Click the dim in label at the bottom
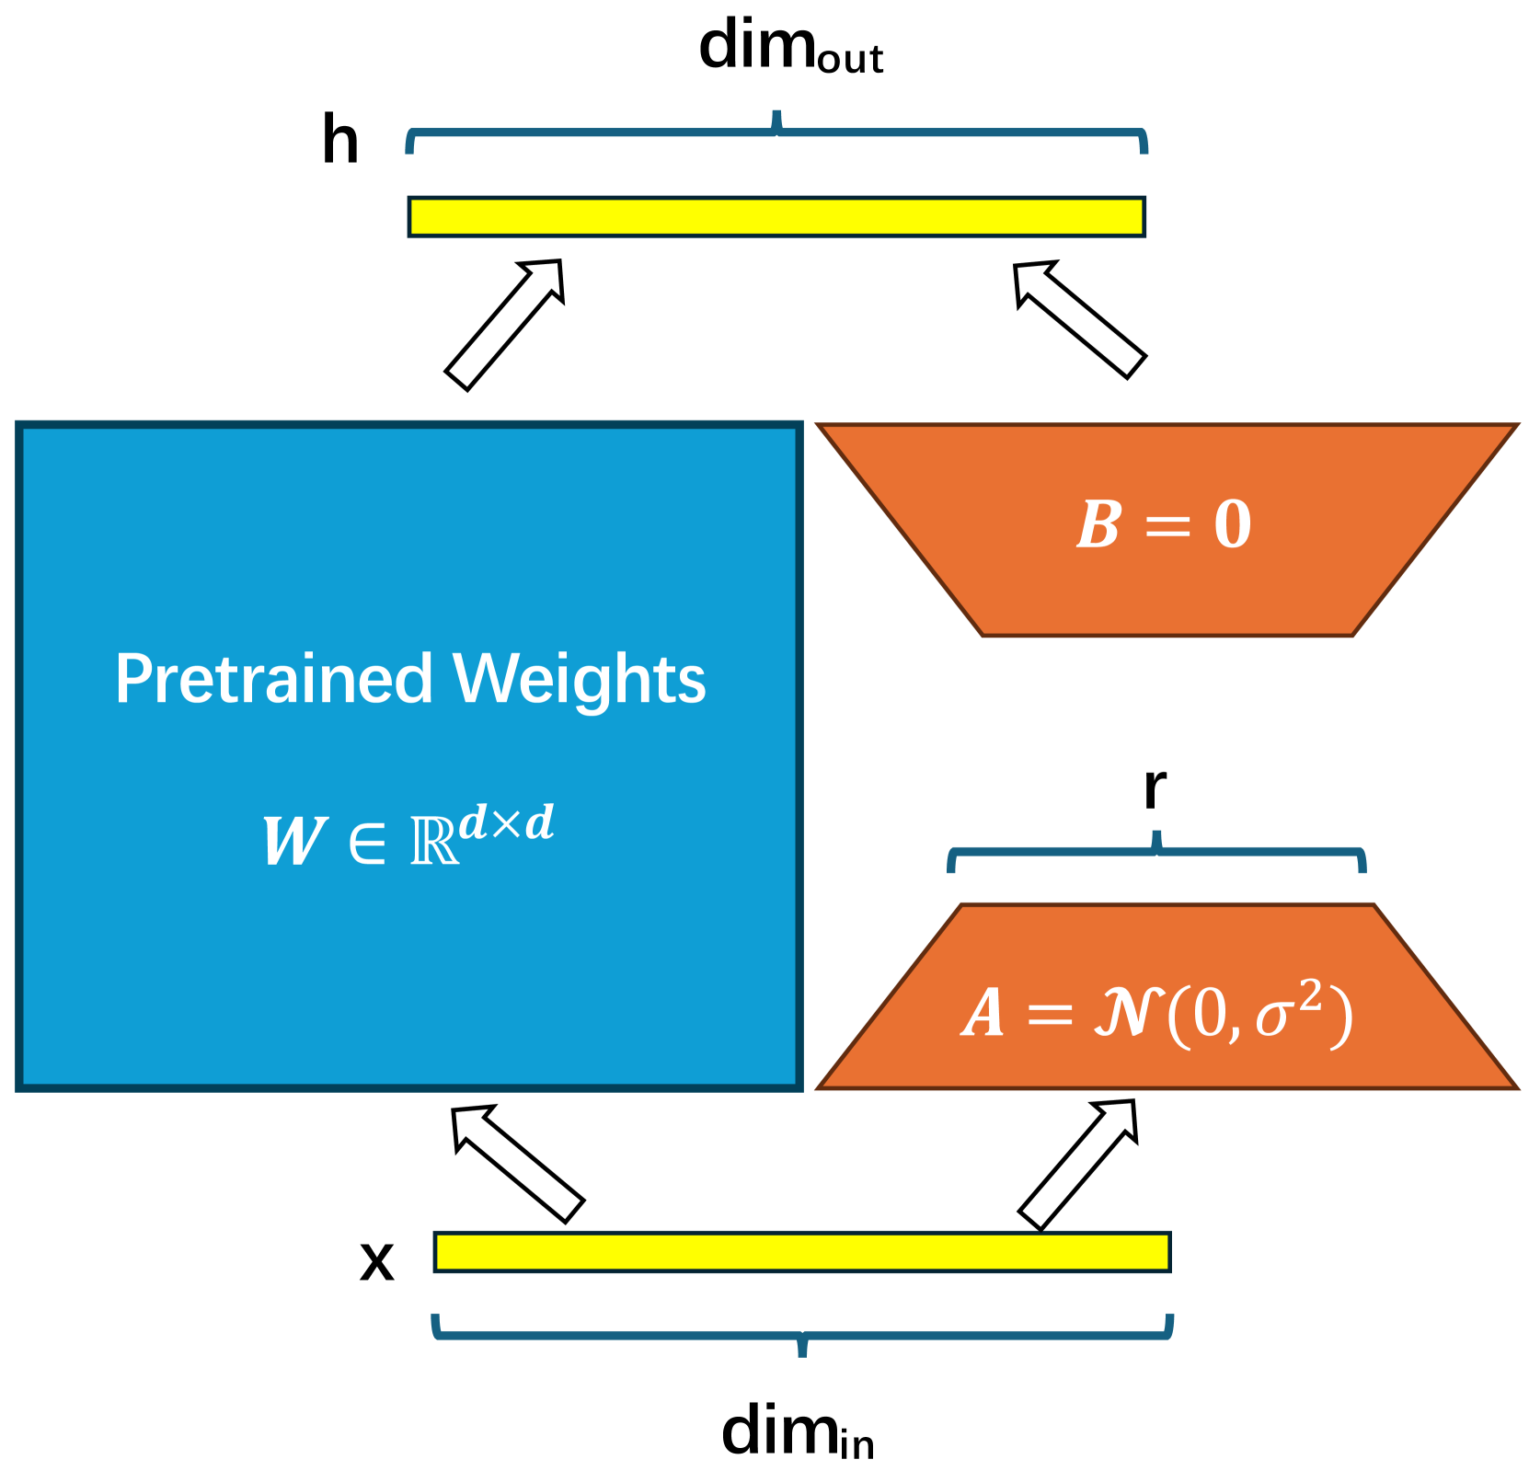coord(797,1433)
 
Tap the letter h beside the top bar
coord(339,141)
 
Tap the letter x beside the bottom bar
coord(376,1260)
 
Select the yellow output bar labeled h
coord(776,217)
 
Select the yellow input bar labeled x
coord(801,1252)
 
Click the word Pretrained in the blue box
coord(274,680)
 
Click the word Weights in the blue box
coord(580,680)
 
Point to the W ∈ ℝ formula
coord(408,836)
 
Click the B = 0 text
coord(1164,525)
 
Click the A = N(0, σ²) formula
coord(1156,1014)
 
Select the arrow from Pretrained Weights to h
coord(503,325)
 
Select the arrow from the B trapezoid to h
coord(1079,320)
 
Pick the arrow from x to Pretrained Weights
coord(518,1164)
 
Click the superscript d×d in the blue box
coord(507,822)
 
